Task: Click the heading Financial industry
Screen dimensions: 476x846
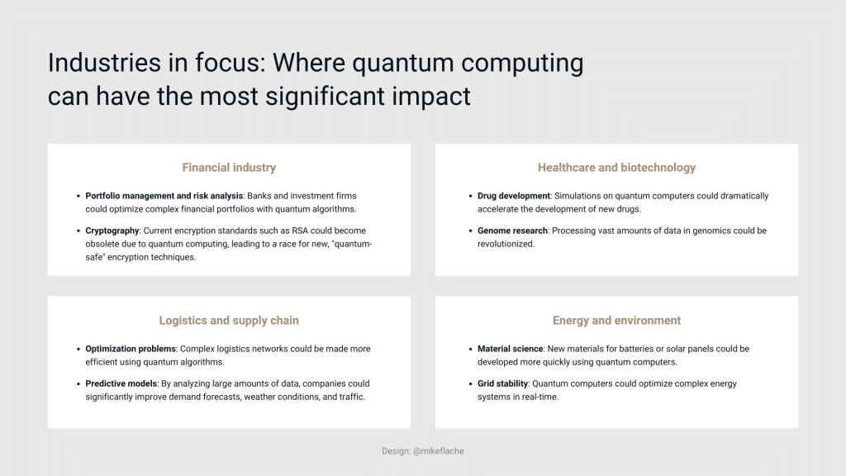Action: (x=229, y=168)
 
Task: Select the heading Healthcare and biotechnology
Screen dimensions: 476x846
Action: (x=616, y=168)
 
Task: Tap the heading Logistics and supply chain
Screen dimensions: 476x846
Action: (x=229, y=321)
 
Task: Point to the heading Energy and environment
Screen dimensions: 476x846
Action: (x=616, y=321)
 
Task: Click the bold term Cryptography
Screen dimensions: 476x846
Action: (x=112, y=231)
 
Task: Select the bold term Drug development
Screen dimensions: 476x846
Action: (x=513, y=196)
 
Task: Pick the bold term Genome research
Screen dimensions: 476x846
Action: (x=513, y=231)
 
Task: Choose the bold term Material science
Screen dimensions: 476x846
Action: (x=510, y=349)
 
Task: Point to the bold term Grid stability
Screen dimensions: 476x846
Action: (x=502, y=383)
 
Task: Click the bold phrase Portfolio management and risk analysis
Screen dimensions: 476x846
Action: (x=164, y=196)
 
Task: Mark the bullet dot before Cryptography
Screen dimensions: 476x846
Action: (x=76, y=231)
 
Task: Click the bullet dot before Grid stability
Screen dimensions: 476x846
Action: (x=468, y=383)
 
